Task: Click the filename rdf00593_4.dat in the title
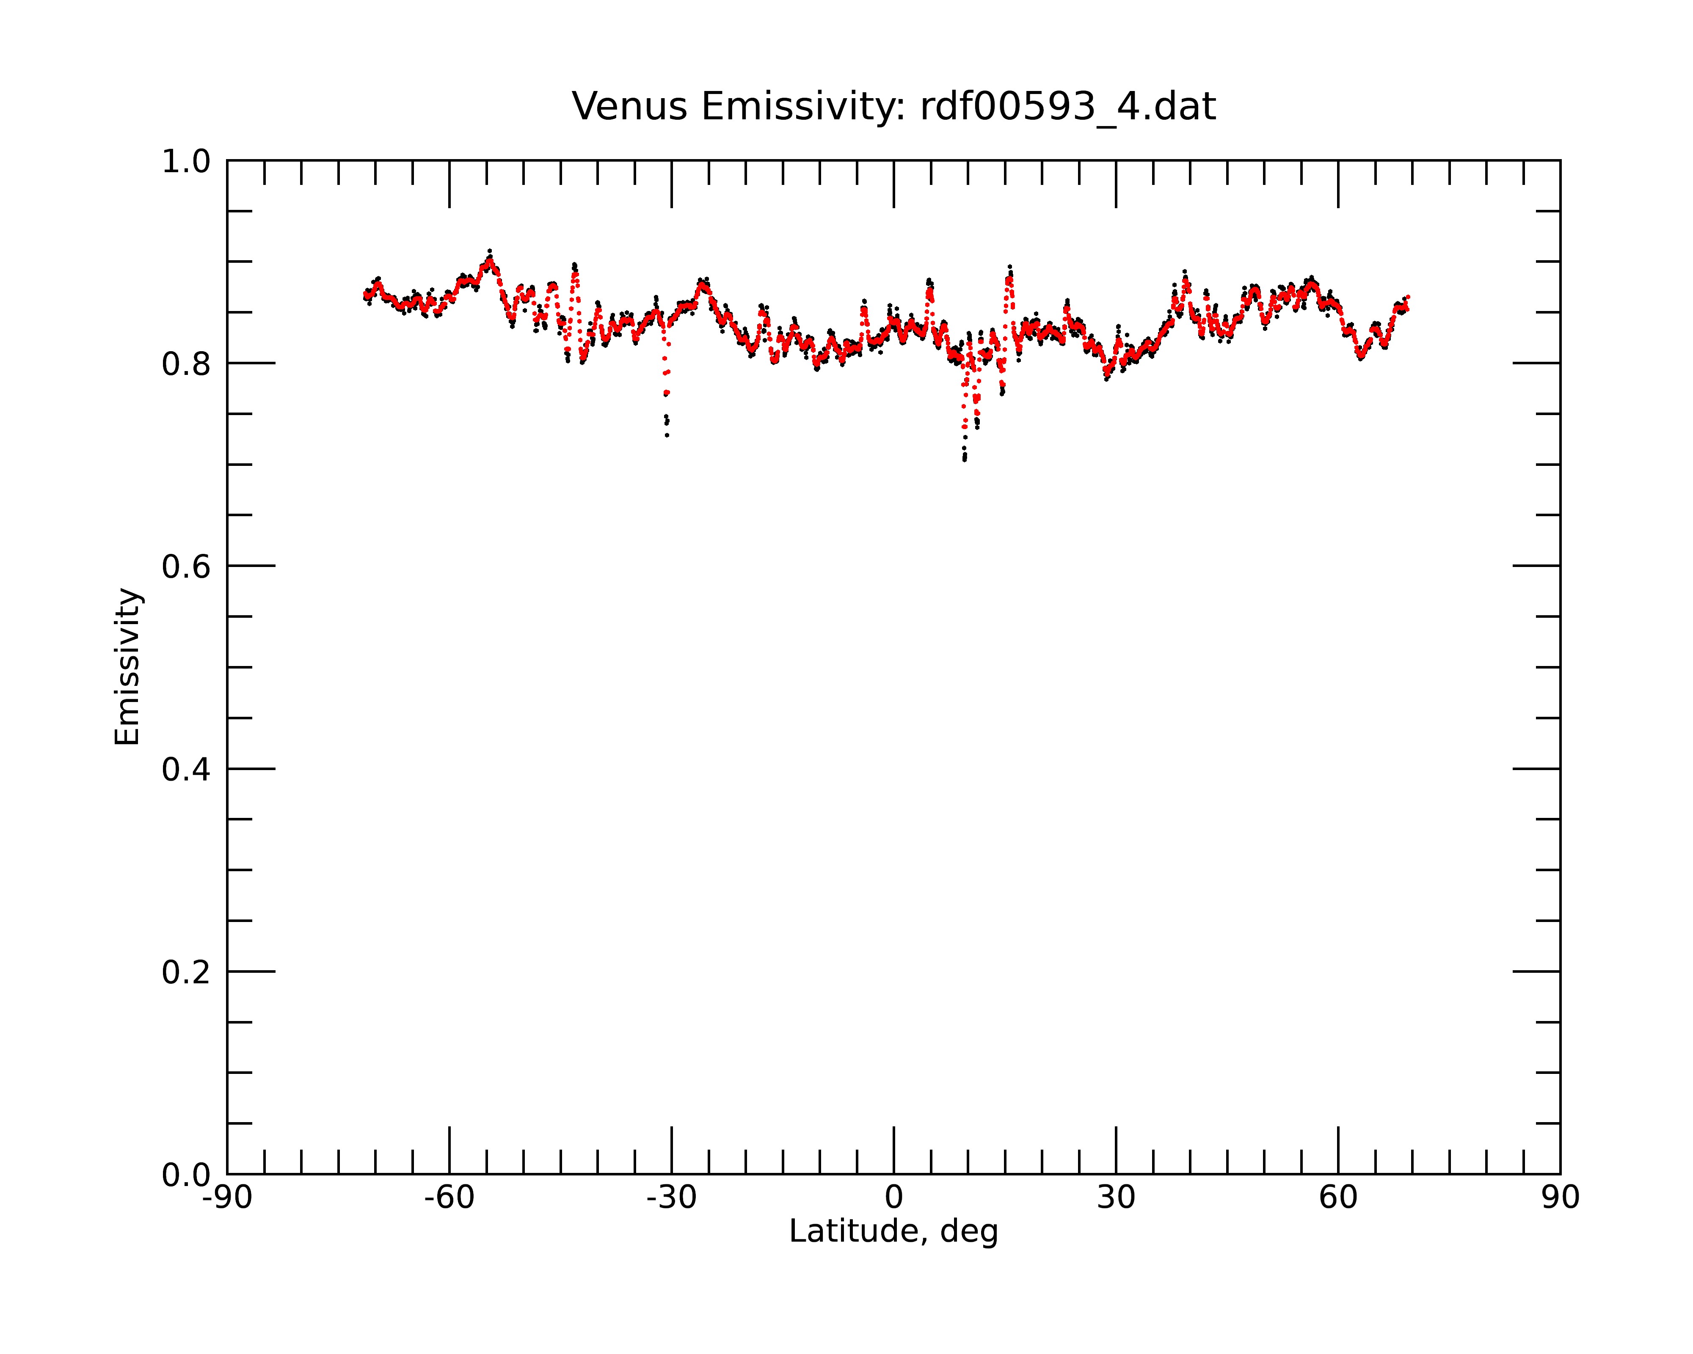[1068, 107]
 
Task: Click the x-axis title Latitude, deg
[893, 1231]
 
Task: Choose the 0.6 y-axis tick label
[186, 567]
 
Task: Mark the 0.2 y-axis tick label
[186, 972]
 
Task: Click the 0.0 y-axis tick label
[186, 1175]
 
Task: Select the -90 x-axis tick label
[227, 1198]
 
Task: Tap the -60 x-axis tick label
[449, 1198]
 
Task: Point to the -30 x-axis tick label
[671, 1198]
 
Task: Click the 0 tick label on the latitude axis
[893, 1198]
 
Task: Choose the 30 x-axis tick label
[1116, 1198]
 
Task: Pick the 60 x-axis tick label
[1338, 1198]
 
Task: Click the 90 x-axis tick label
[1560, 1198]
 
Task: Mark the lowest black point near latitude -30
[667, 435]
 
